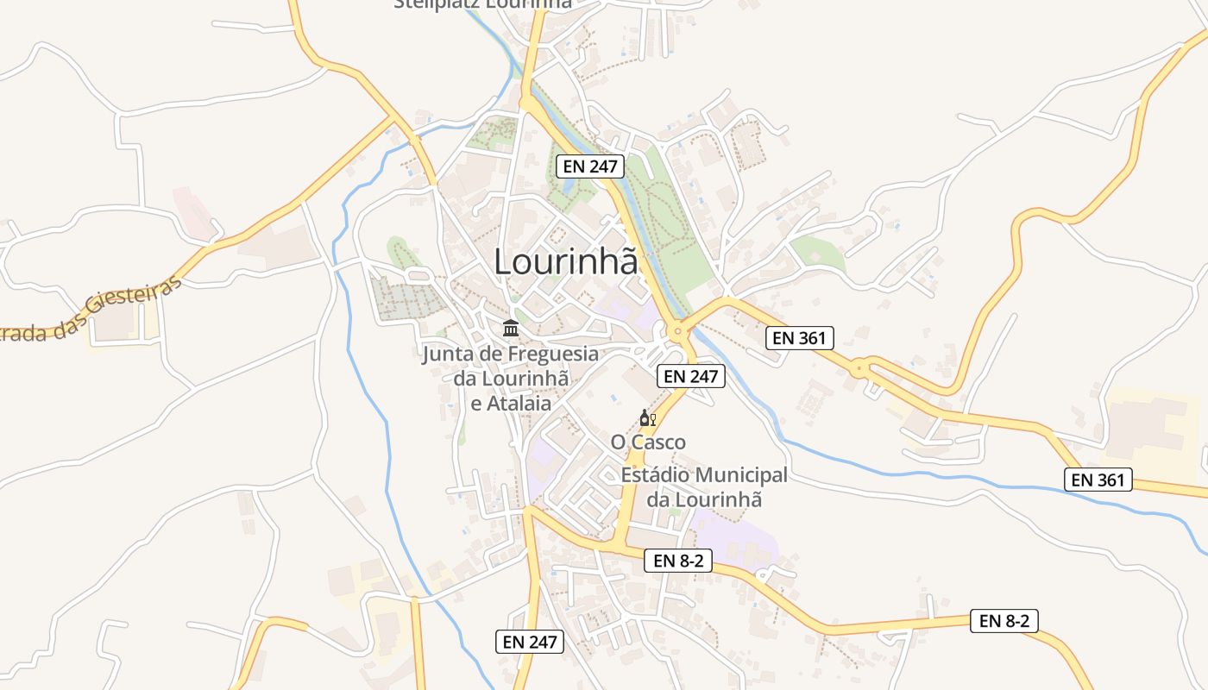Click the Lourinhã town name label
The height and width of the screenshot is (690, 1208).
565,261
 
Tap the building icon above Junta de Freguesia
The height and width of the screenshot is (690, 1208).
510,329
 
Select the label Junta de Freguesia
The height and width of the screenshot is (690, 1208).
510,354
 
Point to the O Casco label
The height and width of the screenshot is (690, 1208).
648,442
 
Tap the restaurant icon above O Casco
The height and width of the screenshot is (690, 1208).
647,418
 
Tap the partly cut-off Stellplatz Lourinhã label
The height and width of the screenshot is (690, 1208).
482,4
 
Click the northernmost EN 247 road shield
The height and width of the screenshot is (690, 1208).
590,166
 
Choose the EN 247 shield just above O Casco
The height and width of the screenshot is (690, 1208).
691,376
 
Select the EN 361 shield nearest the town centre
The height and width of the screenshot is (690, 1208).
800,338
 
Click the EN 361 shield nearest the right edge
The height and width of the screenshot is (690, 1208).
1098,480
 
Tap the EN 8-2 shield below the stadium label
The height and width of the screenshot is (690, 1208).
678,561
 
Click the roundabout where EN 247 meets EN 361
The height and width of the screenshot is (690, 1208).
678,329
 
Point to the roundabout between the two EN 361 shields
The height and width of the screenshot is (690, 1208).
859,368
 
